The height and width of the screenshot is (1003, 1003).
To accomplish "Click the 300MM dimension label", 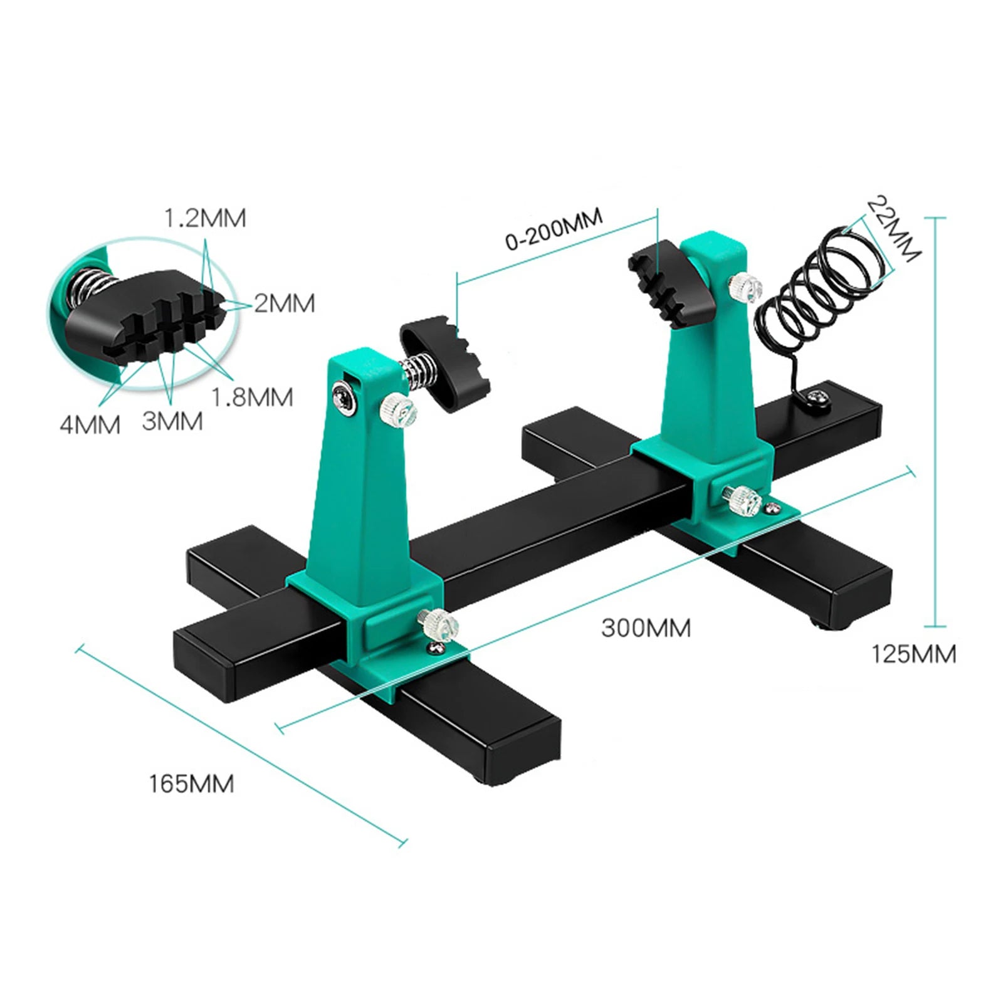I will (x=646, y=628).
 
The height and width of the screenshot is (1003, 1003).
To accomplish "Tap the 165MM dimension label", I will (x=191, y=784).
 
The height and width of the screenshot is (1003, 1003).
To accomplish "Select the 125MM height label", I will (x=913, y=654).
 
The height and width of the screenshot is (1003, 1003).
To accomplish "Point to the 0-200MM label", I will (x=554, y=229).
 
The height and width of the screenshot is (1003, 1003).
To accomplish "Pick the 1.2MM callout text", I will (x=205, y=218).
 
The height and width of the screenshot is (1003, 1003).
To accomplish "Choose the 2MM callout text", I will (x=284, y=303).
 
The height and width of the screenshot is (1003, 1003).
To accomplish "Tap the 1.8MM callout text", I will (x=252, y=397).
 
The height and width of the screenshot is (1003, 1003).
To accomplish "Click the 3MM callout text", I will (x=172, y=421).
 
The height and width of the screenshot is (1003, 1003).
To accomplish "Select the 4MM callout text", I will (x=90, y=425).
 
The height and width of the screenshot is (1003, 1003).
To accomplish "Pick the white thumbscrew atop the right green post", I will (x=744, y=286).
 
